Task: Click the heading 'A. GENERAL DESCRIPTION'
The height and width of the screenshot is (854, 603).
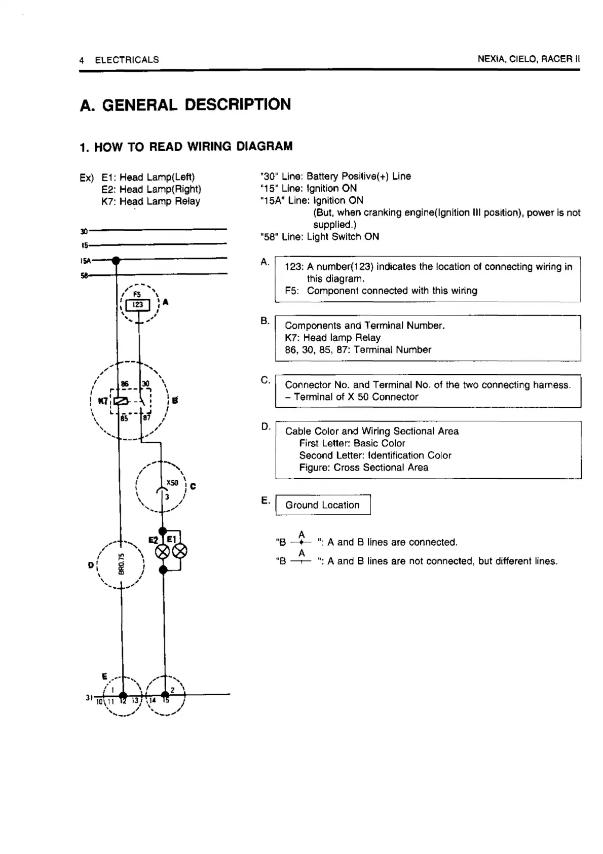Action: click(185, 104)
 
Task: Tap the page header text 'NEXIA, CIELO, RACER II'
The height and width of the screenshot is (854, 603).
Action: click(529, 59)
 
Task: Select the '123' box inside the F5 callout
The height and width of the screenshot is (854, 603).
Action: click(138, 305)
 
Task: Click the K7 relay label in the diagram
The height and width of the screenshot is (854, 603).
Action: click(103, 401)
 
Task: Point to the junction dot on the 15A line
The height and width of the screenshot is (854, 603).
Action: click(116, 261)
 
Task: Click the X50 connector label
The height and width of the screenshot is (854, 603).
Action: click(172, 483)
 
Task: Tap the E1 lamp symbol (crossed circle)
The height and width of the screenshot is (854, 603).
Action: click(180, 552)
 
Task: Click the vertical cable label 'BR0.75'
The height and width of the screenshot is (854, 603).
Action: click(122, 563)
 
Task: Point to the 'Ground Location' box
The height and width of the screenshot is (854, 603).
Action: click(323, 505)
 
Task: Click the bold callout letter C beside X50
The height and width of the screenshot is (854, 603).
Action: click(193, 487)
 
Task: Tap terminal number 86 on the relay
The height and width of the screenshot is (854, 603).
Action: click(125, 384)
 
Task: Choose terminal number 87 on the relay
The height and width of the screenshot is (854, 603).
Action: click(146, 418)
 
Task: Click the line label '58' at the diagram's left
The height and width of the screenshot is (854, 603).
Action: click(84, 275)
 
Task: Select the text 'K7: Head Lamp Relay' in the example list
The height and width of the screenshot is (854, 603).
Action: click(150, 201)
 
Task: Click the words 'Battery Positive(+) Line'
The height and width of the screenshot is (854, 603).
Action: click(359, 176)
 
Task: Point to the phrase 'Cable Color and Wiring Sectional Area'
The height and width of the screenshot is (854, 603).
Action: click(372, 431)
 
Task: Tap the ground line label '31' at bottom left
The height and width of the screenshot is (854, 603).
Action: click(89, 698)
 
